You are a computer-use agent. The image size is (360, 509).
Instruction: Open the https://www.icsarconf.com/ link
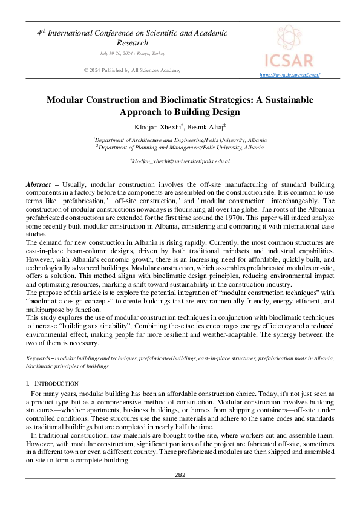tap(289, 75)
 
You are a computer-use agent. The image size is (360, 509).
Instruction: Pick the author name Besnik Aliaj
tap(205, 127)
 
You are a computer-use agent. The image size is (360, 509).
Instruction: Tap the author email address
tap(180, 161)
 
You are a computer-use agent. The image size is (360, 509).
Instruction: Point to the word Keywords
tap(38, 358)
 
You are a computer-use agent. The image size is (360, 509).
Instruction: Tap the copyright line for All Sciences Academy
tap(132, 70)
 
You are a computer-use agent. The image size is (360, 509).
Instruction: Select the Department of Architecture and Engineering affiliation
tap(180, 139)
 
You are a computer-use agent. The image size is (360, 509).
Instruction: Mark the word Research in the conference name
tap(132, 43)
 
